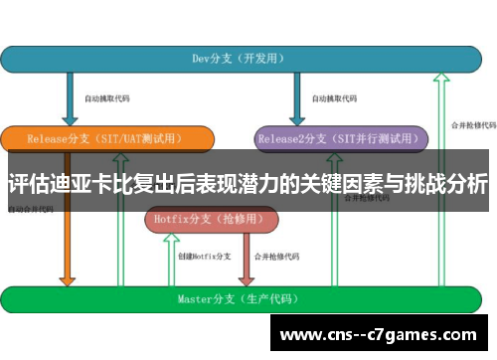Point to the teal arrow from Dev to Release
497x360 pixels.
[x=71, y=98]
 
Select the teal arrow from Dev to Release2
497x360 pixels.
[x=296, y=98]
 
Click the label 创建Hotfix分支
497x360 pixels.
[x=204, y=257]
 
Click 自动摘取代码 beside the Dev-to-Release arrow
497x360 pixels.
[x=106, y=98]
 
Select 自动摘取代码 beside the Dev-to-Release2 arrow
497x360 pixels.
[x=333, y=98]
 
